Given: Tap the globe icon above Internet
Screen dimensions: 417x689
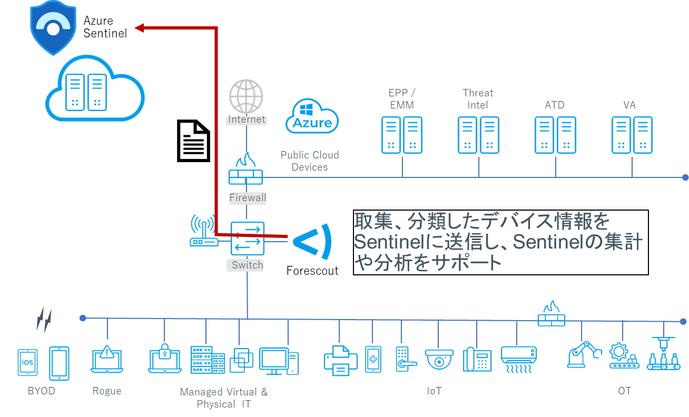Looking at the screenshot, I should [x=246, y=96].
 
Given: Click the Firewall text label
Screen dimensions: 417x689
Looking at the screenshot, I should [x=247, y=198].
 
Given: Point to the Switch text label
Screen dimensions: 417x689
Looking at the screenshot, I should [x=247, y=265].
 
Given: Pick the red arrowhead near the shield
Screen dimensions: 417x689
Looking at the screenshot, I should [x=139, y=28].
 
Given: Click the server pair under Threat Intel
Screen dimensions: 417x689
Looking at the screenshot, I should [x=478, y=135].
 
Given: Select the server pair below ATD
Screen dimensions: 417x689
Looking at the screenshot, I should [x=555, y=135].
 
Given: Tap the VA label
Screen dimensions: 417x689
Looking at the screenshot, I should [x=629, y=105].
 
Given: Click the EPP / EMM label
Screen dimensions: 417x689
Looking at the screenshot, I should [x=402, y=99].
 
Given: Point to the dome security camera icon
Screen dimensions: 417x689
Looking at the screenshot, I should [x=439, y=359].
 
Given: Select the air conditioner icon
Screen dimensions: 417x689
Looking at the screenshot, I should [x=518, y=359].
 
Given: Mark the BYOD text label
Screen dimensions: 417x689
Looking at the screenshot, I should [x=41, y=391].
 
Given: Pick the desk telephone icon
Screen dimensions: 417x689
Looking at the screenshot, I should [x=477, y=360].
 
